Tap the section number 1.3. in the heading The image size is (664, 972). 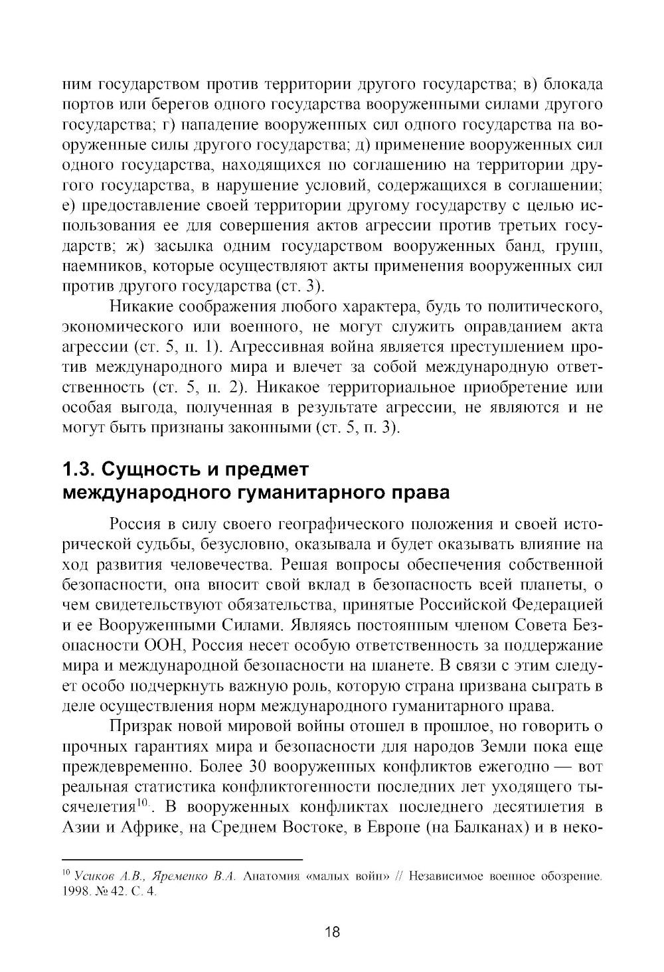(x=77, y=470)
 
